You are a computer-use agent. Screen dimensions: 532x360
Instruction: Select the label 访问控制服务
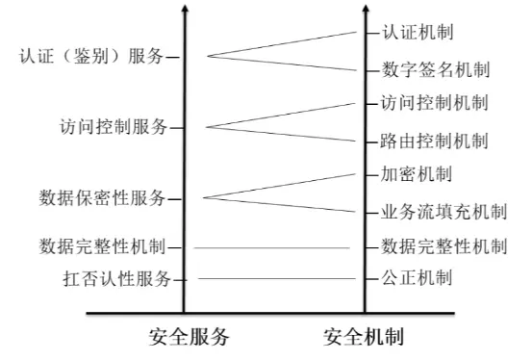113,126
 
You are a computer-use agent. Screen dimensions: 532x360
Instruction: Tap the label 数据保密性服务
103,198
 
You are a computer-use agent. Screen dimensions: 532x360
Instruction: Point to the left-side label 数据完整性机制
103,245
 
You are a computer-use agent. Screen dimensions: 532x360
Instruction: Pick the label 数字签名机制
436,69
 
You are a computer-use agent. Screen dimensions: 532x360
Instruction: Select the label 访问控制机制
436,102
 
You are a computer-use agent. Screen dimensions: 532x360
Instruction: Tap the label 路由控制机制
436,141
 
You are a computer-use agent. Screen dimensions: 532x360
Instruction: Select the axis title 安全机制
363,337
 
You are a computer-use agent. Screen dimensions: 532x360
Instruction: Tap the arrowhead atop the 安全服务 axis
184,10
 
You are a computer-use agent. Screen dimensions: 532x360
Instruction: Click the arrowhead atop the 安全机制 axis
365,10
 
